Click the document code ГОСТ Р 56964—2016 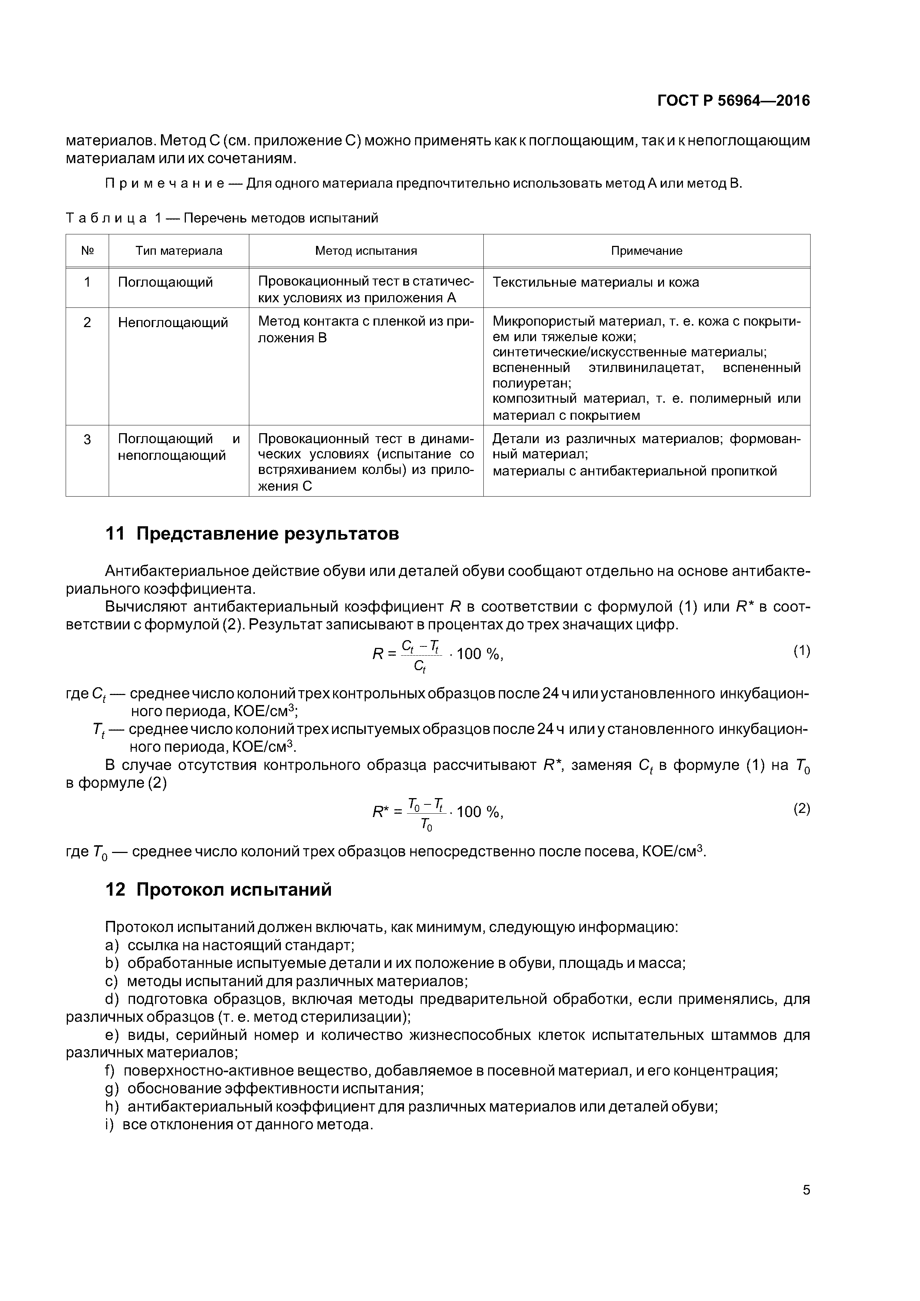(733, 101)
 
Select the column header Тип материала (178, 250)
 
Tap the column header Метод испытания (366, 250)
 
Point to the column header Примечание (646, 250)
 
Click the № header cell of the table (87, 250)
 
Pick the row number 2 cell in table (87, 322)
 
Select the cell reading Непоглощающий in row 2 (173, 322)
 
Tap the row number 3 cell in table (87, 439)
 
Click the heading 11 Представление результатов (252, 534)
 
